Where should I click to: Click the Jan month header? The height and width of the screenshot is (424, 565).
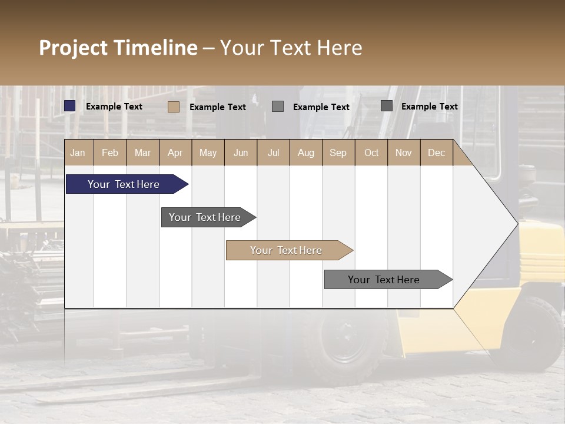(78, 153)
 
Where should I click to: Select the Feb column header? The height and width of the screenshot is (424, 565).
(110, 153)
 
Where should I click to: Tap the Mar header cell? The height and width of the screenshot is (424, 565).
(142, 153)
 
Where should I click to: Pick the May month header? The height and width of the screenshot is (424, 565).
(208, 153)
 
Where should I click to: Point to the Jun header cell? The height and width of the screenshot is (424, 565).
(241, 153)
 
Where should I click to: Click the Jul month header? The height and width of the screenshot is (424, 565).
(273, 153)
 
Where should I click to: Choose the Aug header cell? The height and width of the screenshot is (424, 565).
(306, 153)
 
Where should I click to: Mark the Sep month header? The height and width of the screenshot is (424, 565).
(338, 153)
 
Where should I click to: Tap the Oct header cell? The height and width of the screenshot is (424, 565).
(371, 153)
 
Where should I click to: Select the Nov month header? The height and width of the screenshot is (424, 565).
(404, 153)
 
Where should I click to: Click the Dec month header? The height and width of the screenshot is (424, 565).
(436, 153)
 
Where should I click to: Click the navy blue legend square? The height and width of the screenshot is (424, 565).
(70, 106)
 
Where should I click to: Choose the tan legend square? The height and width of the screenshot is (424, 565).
(174, 107)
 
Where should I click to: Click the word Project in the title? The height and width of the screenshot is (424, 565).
(73, 48)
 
